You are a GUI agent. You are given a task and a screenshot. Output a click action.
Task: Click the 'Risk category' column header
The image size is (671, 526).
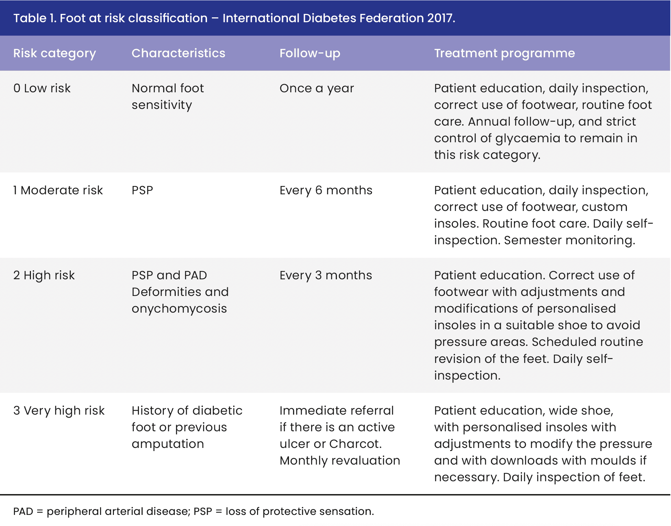coord(55,53)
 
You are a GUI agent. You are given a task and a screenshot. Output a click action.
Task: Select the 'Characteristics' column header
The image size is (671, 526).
coord(178,53)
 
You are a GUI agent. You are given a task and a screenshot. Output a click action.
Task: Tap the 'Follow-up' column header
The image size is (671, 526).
coord(310,53)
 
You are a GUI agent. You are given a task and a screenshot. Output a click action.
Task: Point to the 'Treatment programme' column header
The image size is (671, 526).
coord(504,53)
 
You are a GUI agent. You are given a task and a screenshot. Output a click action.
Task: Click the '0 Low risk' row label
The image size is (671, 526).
coord(42,88)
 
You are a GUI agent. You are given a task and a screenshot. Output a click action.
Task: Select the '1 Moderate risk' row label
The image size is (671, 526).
coord(58,190)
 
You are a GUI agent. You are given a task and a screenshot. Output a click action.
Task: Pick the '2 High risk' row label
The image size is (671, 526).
coord(44,275)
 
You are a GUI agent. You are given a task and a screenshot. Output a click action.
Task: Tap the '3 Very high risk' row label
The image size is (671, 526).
coord(59,410)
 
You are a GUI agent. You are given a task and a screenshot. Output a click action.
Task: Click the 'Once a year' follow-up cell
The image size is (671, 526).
coord(316,88)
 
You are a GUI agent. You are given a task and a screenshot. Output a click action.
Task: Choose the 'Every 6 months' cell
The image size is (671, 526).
coord(326,190)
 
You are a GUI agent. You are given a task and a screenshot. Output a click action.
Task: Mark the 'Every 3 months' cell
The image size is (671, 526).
coord(326,275)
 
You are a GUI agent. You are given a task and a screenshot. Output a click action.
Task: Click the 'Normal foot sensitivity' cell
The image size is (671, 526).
coord(167,96)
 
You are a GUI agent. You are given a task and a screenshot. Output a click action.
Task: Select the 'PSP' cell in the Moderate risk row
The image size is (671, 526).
coord(142,190)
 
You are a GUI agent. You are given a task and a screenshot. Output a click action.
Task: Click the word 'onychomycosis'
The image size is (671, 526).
coord(179,308)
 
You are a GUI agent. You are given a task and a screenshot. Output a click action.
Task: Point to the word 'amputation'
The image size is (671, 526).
coord(168,444)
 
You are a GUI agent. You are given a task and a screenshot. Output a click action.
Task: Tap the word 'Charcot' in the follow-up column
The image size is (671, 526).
coord(354,444)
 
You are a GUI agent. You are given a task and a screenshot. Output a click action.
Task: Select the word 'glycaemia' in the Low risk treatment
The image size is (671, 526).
coord(528,138)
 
